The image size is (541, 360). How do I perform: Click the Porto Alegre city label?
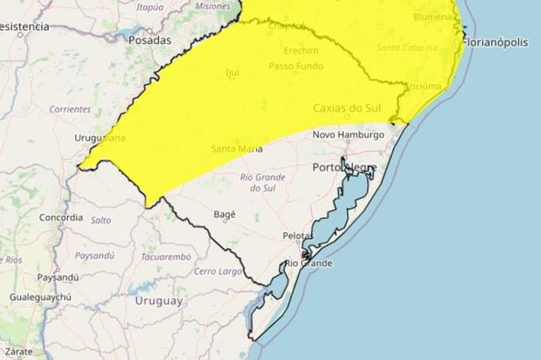345,166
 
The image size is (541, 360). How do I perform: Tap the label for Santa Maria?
236,148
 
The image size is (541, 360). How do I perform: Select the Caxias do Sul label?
346,108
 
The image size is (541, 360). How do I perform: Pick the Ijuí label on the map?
231,73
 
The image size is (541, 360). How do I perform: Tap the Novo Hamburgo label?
348,134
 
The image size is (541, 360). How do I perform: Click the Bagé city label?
224,215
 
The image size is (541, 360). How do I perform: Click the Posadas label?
149,39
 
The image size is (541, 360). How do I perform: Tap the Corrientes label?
70,110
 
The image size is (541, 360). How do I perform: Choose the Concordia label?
60,218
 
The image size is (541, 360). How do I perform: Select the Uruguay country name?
158,301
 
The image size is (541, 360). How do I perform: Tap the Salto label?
100,220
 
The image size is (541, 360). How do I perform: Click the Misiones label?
213,6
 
